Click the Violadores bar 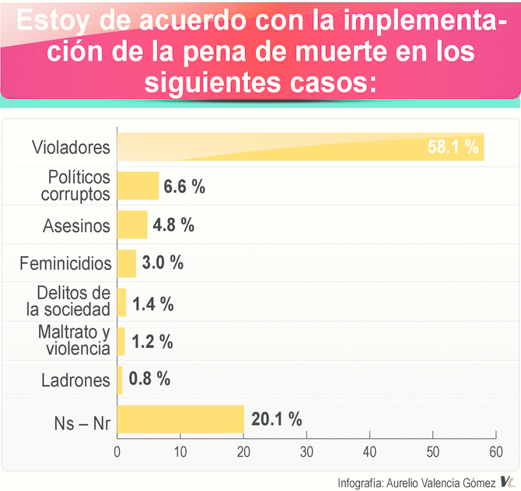coord(300,147)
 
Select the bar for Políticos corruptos coord(138,186)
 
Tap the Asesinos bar coord(132,225)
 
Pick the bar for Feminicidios coord(127,263)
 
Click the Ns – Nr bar coord(180,419)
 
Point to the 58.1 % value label coord(453,147)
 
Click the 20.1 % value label coord(277,419)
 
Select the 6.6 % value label coord(184,186)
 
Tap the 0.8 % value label coord(149,380)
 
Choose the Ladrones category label coord(75,381)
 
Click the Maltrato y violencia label coord(74,341)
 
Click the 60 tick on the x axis coord(496,452)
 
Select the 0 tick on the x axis coord(117,452)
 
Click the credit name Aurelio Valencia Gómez coord(439,481)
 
